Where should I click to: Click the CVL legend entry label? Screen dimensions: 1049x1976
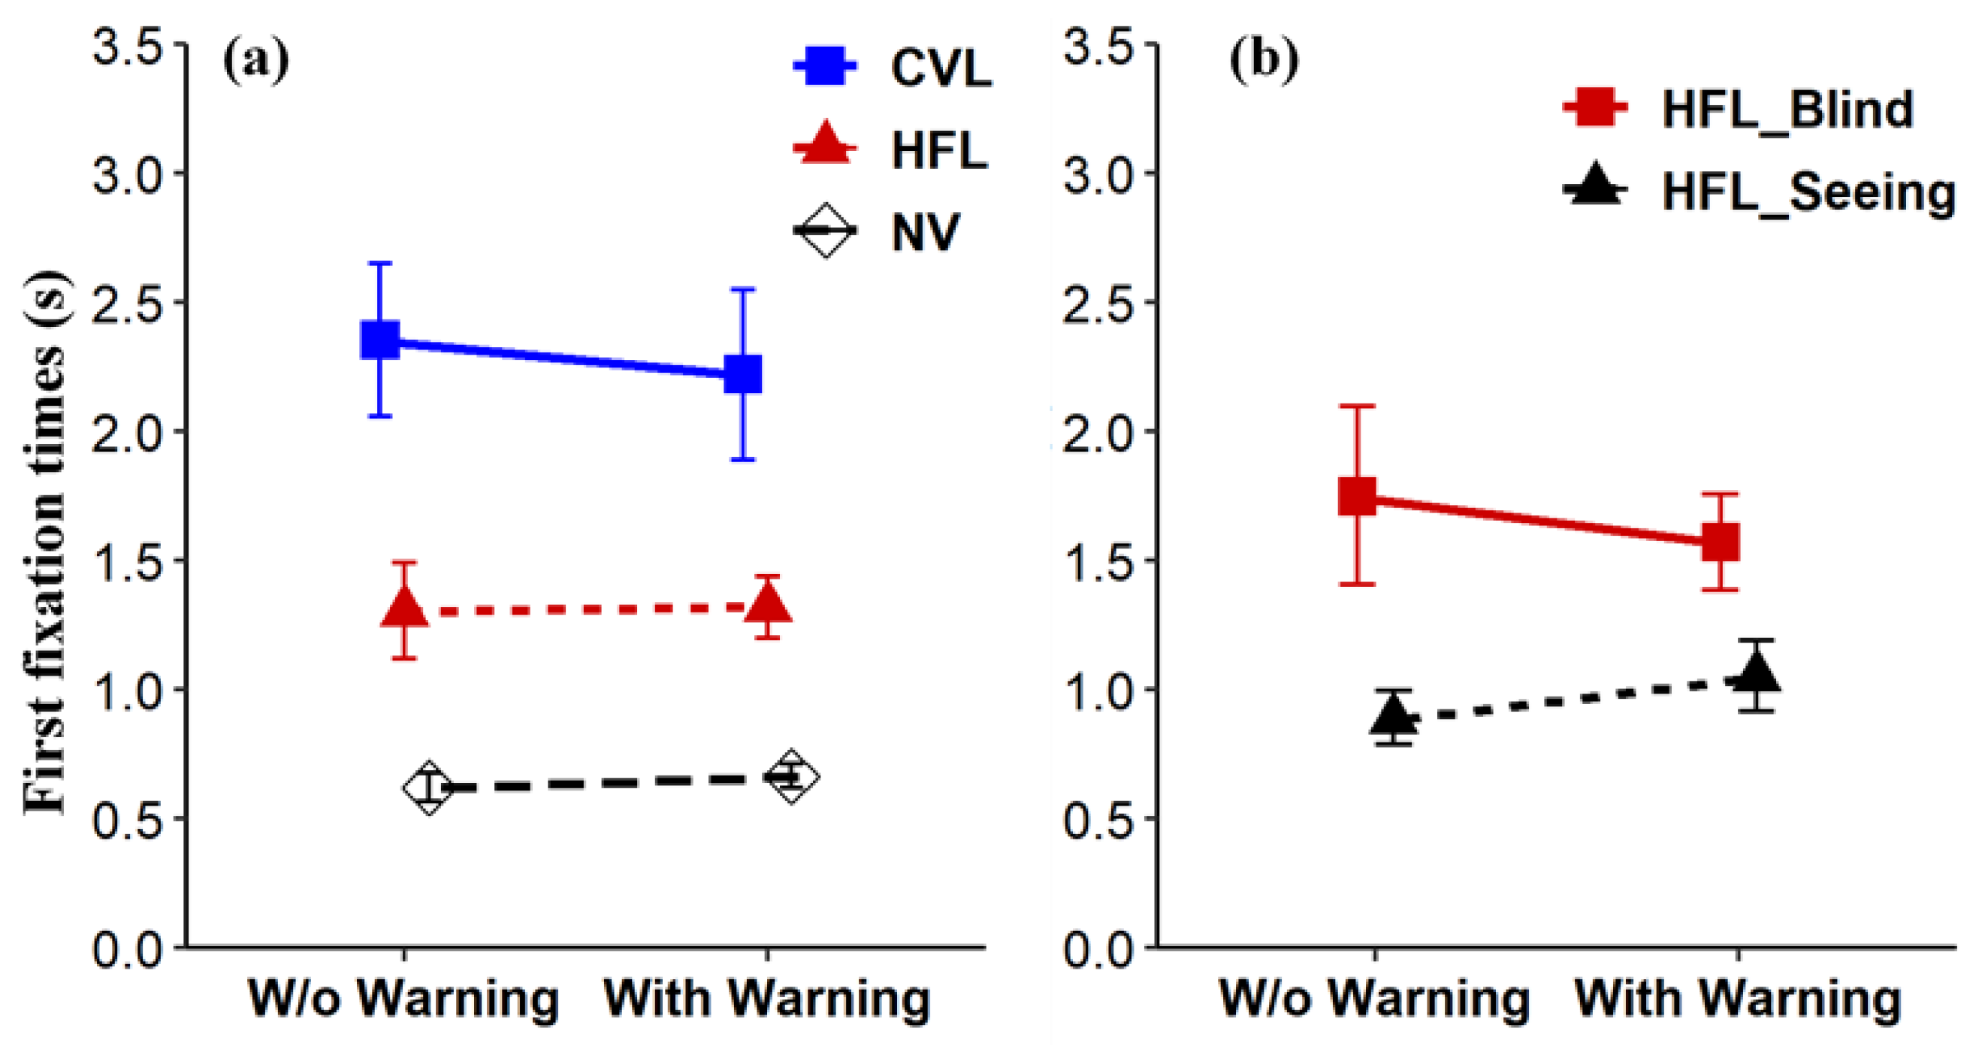(941, 68)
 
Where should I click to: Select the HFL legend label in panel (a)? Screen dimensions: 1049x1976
(939, 150)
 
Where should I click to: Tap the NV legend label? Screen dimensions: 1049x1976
(925, 231)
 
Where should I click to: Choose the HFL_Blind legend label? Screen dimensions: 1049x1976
(1787, 110)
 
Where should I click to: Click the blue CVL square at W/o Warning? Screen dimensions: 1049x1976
(379, 339)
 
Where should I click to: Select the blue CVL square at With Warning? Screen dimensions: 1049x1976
(742, 373)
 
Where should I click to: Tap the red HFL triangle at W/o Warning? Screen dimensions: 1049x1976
(404, 609)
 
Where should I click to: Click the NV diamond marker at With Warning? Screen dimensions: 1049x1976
(791, 776)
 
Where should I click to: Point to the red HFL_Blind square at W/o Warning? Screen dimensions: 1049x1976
(1357, 496)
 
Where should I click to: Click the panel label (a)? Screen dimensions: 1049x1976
(256, 62)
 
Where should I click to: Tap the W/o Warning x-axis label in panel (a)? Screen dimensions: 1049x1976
(404, 999)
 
